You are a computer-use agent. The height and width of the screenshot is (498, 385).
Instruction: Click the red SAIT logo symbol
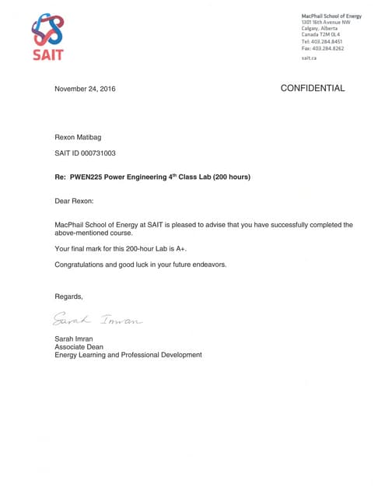(x=47, y=32)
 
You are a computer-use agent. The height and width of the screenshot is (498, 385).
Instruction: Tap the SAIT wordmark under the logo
(x=47, y=54)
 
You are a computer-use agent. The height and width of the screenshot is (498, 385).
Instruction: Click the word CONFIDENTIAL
(x=312, y=89)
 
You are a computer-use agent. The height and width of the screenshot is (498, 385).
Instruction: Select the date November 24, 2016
(x=85, y=89)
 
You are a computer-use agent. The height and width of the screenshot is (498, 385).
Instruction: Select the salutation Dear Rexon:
(x=74, y=201)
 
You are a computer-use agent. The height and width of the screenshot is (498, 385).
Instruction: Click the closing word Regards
(x=68, y=296)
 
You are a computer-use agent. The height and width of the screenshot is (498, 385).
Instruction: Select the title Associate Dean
(x=79, y=347)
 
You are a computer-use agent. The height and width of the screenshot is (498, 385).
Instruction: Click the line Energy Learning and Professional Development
(x=128, y=356)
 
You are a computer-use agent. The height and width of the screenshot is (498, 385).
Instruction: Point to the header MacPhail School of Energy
(x=331, y=16)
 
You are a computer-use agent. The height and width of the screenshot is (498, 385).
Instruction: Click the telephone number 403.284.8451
(x=331, y=41)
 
